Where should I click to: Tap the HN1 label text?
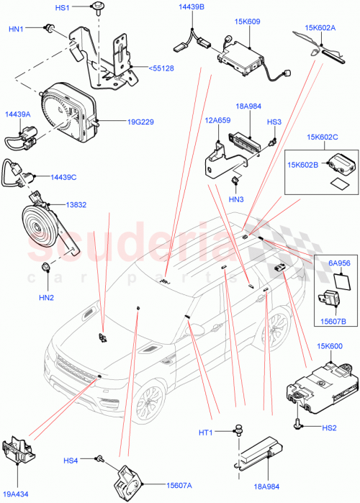point(16,29)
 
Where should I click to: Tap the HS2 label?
point(329,428)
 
